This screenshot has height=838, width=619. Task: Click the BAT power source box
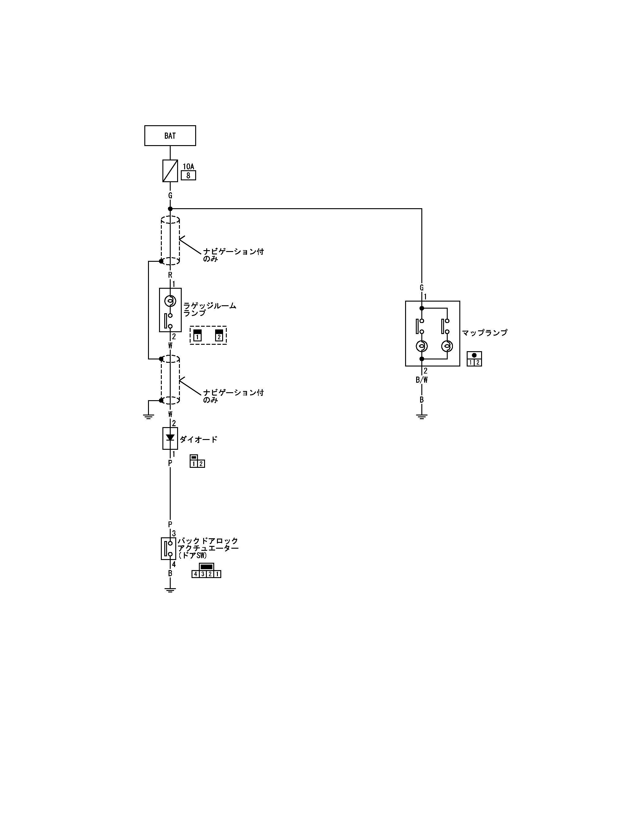(x=170, y=136)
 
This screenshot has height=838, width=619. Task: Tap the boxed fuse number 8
(x=188, y=175)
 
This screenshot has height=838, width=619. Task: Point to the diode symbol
(x=170, y=438)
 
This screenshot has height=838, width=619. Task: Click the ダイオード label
(x=199, y=439)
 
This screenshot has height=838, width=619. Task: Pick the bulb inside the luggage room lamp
(x=170, y=301)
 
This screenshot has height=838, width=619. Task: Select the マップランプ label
(x=484, y=333)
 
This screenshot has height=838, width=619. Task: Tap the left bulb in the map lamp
(x=422, y=346)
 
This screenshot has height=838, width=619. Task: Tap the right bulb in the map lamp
(x=447, y=346)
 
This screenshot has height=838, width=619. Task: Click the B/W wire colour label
(x=422, y=380)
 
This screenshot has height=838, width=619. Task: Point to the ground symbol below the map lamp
(x=422, y=416)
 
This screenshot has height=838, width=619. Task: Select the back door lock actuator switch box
(x=169, y=548)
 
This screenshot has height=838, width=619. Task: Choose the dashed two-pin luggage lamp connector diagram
(x=208, y=335)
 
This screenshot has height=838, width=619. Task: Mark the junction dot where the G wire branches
(x=170, y=209)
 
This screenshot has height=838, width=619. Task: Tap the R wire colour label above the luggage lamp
(x=170, y=275)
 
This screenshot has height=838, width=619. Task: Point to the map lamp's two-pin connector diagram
(x=474, y=359)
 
